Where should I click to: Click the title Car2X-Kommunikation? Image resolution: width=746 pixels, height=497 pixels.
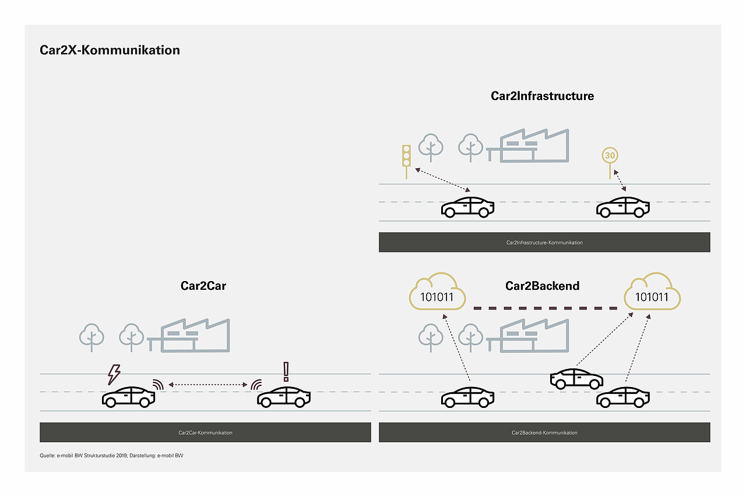tap(110, 50)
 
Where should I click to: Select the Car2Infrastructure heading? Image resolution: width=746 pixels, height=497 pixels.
tap(542, 96)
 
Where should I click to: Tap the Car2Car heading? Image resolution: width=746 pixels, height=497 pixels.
tap(203, 286)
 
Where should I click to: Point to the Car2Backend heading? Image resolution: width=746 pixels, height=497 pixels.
tap(542, 286)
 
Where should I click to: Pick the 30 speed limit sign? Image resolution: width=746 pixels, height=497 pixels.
tap(610, 156)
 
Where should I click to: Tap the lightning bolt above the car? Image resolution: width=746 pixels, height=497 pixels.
tap(114, 374)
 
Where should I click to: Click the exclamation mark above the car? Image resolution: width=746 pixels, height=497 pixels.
tap(286, 371)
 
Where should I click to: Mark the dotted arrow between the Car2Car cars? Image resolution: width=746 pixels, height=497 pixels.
tap(207, 385)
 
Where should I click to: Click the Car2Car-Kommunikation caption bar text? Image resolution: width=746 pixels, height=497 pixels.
tap(205, 433)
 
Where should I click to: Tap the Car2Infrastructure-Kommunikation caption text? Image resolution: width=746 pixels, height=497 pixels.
tap(544, 243)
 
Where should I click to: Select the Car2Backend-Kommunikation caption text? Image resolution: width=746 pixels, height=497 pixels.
tap(544, 433)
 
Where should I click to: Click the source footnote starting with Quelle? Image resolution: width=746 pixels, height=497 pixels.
tap(111, 455)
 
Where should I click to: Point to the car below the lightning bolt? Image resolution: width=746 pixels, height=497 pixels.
tap(129, 397)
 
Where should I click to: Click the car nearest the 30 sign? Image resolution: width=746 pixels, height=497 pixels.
tap(622, 207)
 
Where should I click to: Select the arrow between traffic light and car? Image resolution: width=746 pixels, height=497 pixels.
tap(442, 180)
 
